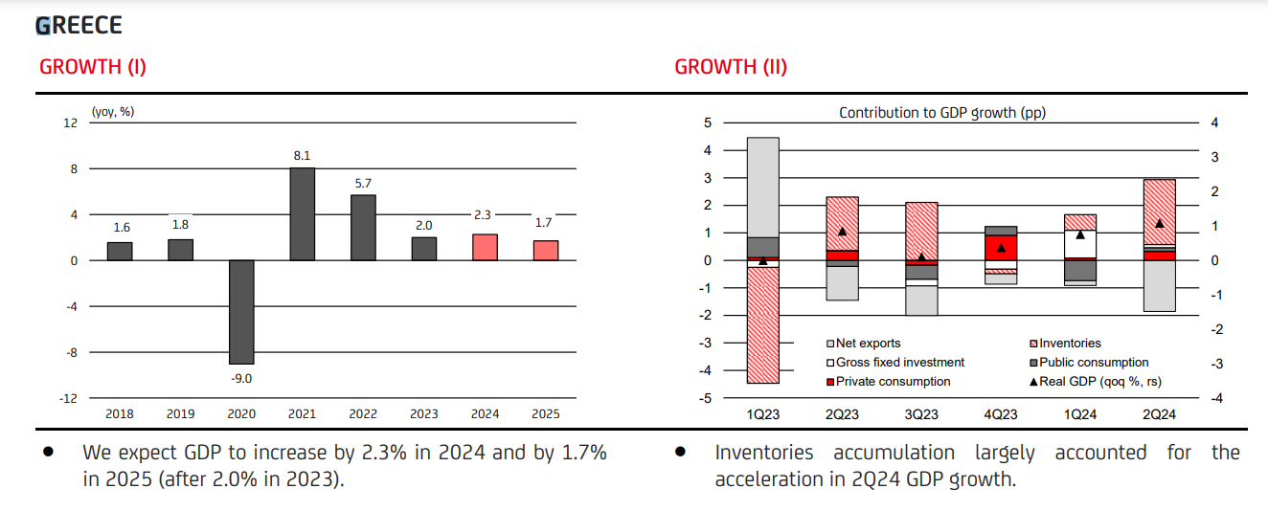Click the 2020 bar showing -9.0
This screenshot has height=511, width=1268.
click(x=240, y=312)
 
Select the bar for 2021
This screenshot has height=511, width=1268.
click(x=302, y=213)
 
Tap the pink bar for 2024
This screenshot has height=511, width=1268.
click(x=486, y=247)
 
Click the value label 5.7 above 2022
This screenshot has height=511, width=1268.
click(x=363, y=183)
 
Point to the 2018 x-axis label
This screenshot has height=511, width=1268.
click(x=120, y=414)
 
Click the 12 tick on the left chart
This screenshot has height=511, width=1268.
click(x=70, y=122)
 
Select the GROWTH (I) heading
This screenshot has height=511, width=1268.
click(x=93, y=67)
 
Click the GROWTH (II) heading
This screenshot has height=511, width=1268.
click(x=731, y=67)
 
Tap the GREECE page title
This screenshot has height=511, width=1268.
click(x=79, y=25)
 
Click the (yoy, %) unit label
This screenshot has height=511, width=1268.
click(x=113, y=112)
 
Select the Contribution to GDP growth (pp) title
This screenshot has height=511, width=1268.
click(x=942, y=113)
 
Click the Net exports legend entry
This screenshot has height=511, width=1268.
click(x=867, y=344)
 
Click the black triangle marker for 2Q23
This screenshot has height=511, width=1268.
click(x=843, y=232)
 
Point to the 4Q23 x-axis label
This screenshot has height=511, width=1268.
click(x=1001, y=414)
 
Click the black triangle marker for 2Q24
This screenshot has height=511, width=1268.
click(x=1159, y=224)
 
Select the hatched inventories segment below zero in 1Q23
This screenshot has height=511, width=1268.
click(x=762, y=325)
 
